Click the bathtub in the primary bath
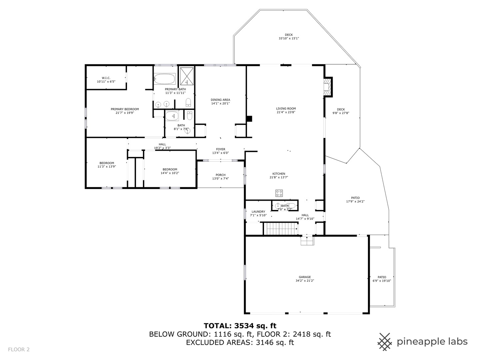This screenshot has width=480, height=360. coord(165,79)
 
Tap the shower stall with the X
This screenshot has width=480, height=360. coord(187,76)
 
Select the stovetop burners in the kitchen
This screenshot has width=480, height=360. coord(279,193)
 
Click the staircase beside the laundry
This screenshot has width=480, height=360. coord(281,229)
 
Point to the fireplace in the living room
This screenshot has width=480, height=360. coord(328,87)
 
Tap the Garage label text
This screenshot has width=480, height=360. coord(305,277)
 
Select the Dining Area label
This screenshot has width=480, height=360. coord(220,100)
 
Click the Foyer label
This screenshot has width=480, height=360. coord(220,149)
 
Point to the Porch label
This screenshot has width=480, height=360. coord(220,175)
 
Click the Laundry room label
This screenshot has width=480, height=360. coord(258,212)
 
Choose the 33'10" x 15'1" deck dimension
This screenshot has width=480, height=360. coord(289,38)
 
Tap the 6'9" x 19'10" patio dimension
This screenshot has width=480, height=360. coord(382,281)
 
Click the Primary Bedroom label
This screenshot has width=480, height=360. coord(125,109)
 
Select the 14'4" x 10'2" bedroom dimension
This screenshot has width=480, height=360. coord(170,173)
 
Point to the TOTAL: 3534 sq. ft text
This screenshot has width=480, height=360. coord(240,326)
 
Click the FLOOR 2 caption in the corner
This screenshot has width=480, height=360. coord(19,350)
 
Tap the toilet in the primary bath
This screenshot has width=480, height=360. coord(188,102)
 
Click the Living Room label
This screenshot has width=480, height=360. coord(286,108)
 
